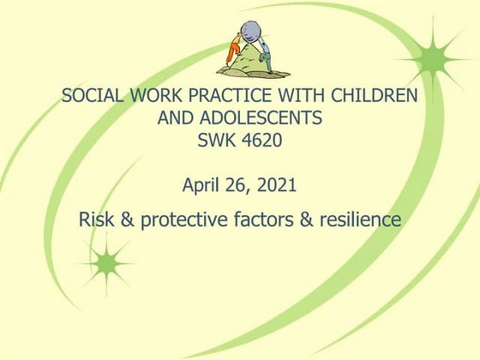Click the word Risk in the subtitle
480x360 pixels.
point(96,219)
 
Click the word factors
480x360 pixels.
point(267,219)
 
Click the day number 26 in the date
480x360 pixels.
point(242,183)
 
